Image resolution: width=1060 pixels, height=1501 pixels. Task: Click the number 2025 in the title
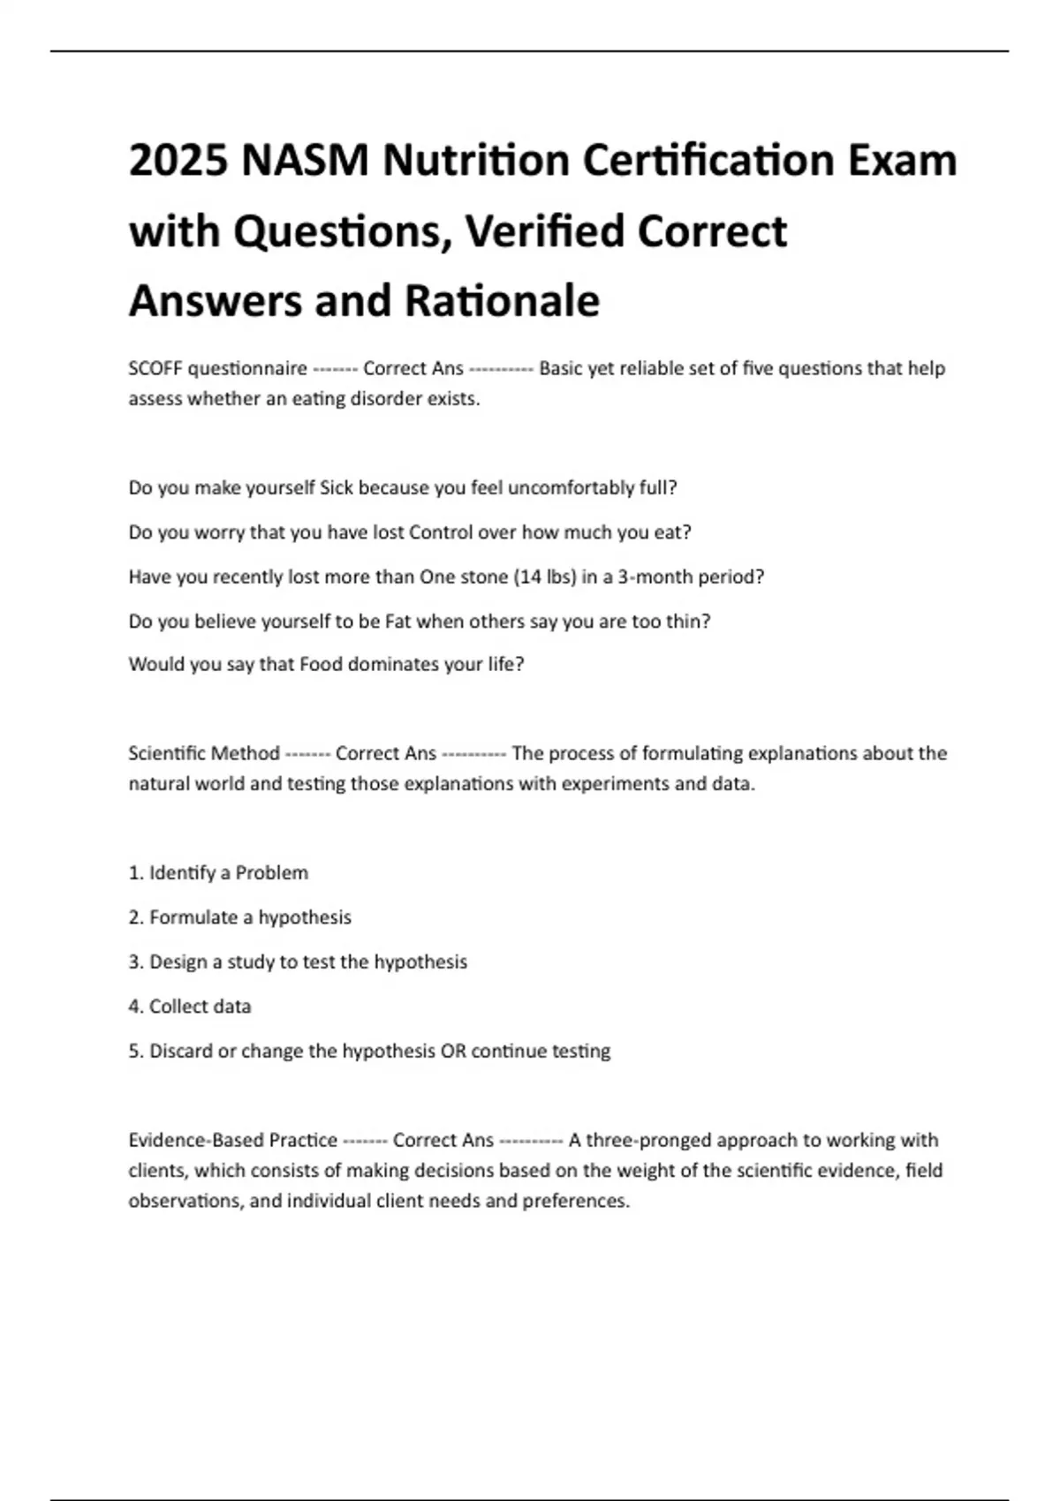coord(178,161)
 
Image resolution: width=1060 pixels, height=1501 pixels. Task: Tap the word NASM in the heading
coord(305,161)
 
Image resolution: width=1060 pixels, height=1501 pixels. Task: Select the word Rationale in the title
coord(502,300)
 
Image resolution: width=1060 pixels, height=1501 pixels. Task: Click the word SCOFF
coord(155,368)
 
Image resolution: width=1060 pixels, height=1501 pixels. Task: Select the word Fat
coord(397,622)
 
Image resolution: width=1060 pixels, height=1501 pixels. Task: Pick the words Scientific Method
coord(204,754)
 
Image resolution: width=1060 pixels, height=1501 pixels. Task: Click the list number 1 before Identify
coord(134,873)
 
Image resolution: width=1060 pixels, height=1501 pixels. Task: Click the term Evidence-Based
coord(196,1141)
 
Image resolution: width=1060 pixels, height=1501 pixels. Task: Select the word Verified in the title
coord(546,231)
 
